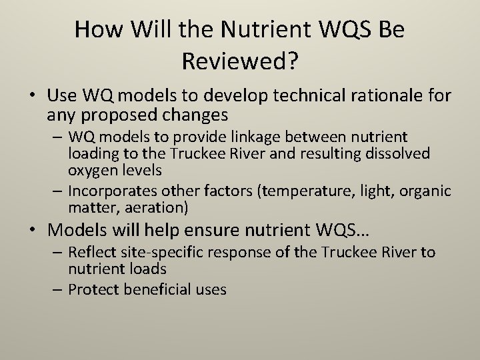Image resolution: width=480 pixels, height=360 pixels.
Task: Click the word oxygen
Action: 91,169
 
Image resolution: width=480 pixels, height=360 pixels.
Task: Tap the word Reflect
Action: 90,253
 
